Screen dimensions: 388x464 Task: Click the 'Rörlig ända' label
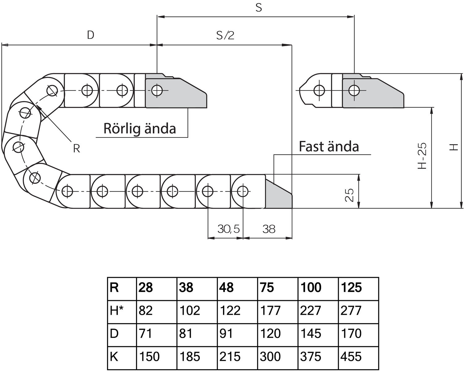tap(140, 128)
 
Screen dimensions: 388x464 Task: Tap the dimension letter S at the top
tap(259, 8)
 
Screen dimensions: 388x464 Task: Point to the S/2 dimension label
tap(225, 36)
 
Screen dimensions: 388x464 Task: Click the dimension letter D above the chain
tap(90, 35)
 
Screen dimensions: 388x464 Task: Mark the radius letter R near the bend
tap(76, 149)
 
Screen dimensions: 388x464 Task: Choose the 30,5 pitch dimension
tap(228, 229)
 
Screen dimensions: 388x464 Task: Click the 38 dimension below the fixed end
tap(269, 229)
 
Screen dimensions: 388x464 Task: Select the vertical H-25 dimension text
tap(422, 156)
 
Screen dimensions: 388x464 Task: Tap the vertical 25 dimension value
tap(349, 195)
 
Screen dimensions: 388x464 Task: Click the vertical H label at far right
tap(453, 147)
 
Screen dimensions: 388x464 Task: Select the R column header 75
tap(267, 288)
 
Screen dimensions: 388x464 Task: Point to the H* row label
tap(116, 310)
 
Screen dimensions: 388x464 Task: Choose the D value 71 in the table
tap(146, 334)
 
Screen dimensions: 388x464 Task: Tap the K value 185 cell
tap(190, 357)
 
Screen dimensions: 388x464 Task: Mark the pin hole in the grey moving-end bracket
tap(157, 91)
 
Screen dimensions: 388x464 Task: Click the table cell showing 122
tap(230, 310)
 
